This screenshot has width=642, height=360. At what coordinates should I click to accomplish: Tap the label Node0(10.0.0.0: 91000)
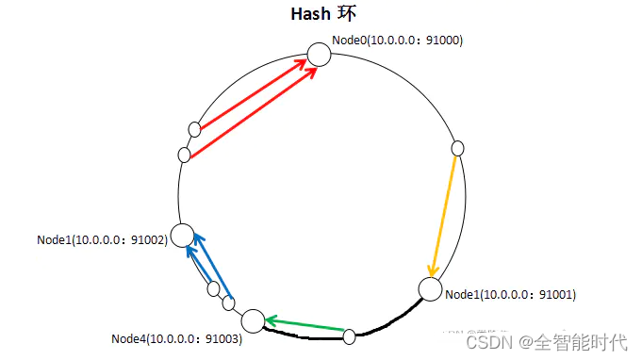click(397, 41)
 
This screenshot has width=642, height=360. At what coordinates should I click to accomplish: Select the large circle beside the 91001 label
click(430, 289)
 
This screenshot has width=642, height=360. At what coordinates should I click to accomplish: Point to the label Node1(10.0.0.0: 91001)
click(510, 295)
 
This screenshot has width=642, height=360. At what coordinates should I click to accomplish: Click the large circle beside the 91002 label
click(182, 236)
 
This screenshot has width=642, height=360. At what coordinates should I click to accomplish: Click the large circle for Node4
click(254, 320)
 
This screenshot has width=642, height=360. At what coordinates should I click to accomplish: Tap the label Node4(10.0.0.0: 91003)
click(176, 338)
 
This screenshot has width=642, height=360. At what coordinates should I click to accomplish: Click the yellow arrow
click(445, 212)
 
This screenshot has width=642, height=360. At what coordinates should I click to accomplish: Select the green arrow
click(304, 325)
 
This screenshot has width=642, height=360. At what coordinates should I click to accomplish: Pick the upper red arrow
click(253, 94)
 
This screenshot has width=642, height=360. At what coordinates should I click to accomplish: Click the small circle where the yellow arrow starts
click(458, 148)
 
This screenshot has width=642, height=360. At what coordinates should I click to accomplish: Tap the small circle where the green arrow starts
click(349, 335)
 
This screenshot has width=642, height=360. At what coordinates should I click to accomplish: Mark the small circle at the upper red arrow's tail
click(195, 128)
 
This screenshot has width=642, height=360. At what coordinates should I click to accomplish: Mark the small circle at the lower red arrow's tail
click(185, 154)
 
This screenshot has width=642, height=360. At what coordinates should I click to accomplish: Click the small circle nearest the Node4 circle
click(228, 303)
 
